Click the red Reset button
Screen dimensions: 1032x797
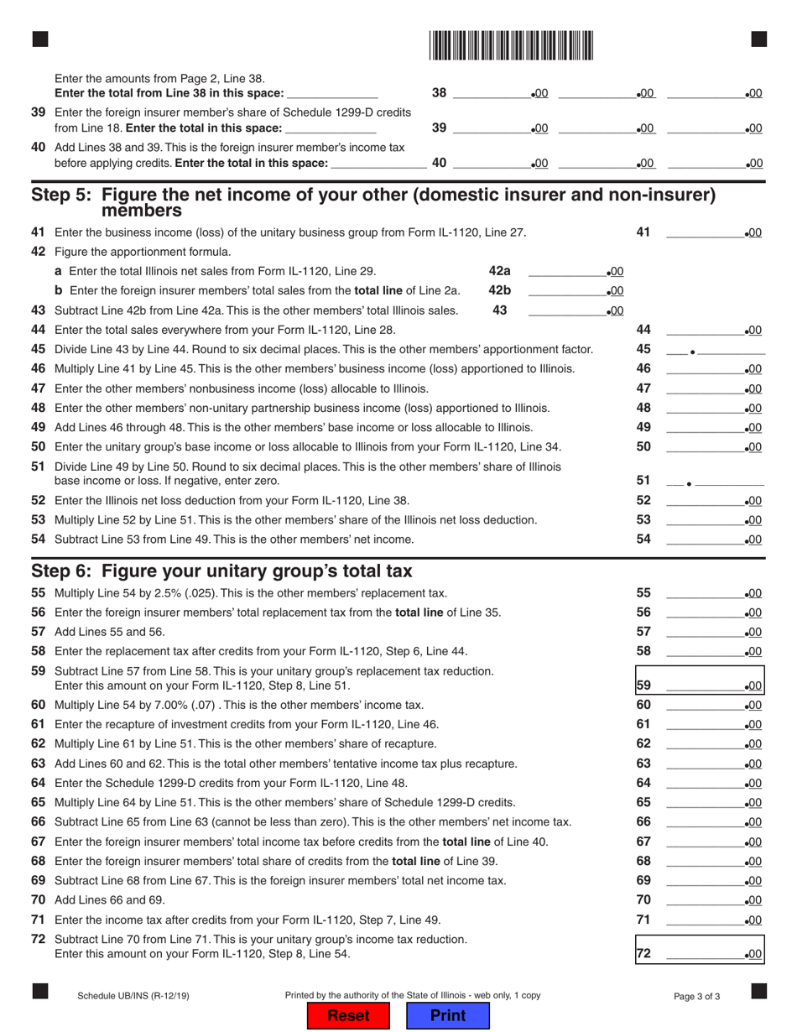coord(348,1015)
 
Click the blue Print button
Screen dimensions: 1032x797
coord(447,1015)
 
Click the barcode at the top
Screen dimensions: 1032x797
coord(511,44)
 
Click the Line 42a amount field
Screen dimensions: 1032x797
coord(566,271)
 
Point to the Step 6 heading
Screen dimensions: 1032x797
coord(221,571)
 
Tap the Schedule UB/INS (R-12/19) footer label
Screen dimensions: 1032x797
coord(133,996)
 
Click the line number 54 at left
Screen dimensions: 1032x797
coord(39,539)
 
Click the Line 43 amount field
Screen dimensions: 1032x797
coord(566,310)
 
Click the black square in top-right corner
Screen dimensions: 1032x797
coord(758,39)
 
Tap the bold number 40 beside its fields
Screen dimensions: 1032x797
coord(439,163)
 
